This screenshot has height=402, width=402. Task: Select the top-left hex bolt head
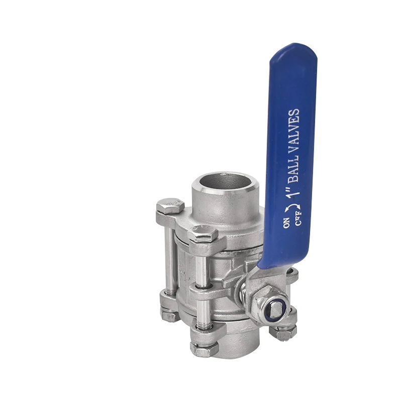(170, 207)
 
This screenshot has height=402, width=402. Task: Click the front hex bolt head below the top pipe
(203, 234)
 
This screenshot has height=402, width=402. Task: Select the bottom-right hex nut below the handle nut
(282, 332)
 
